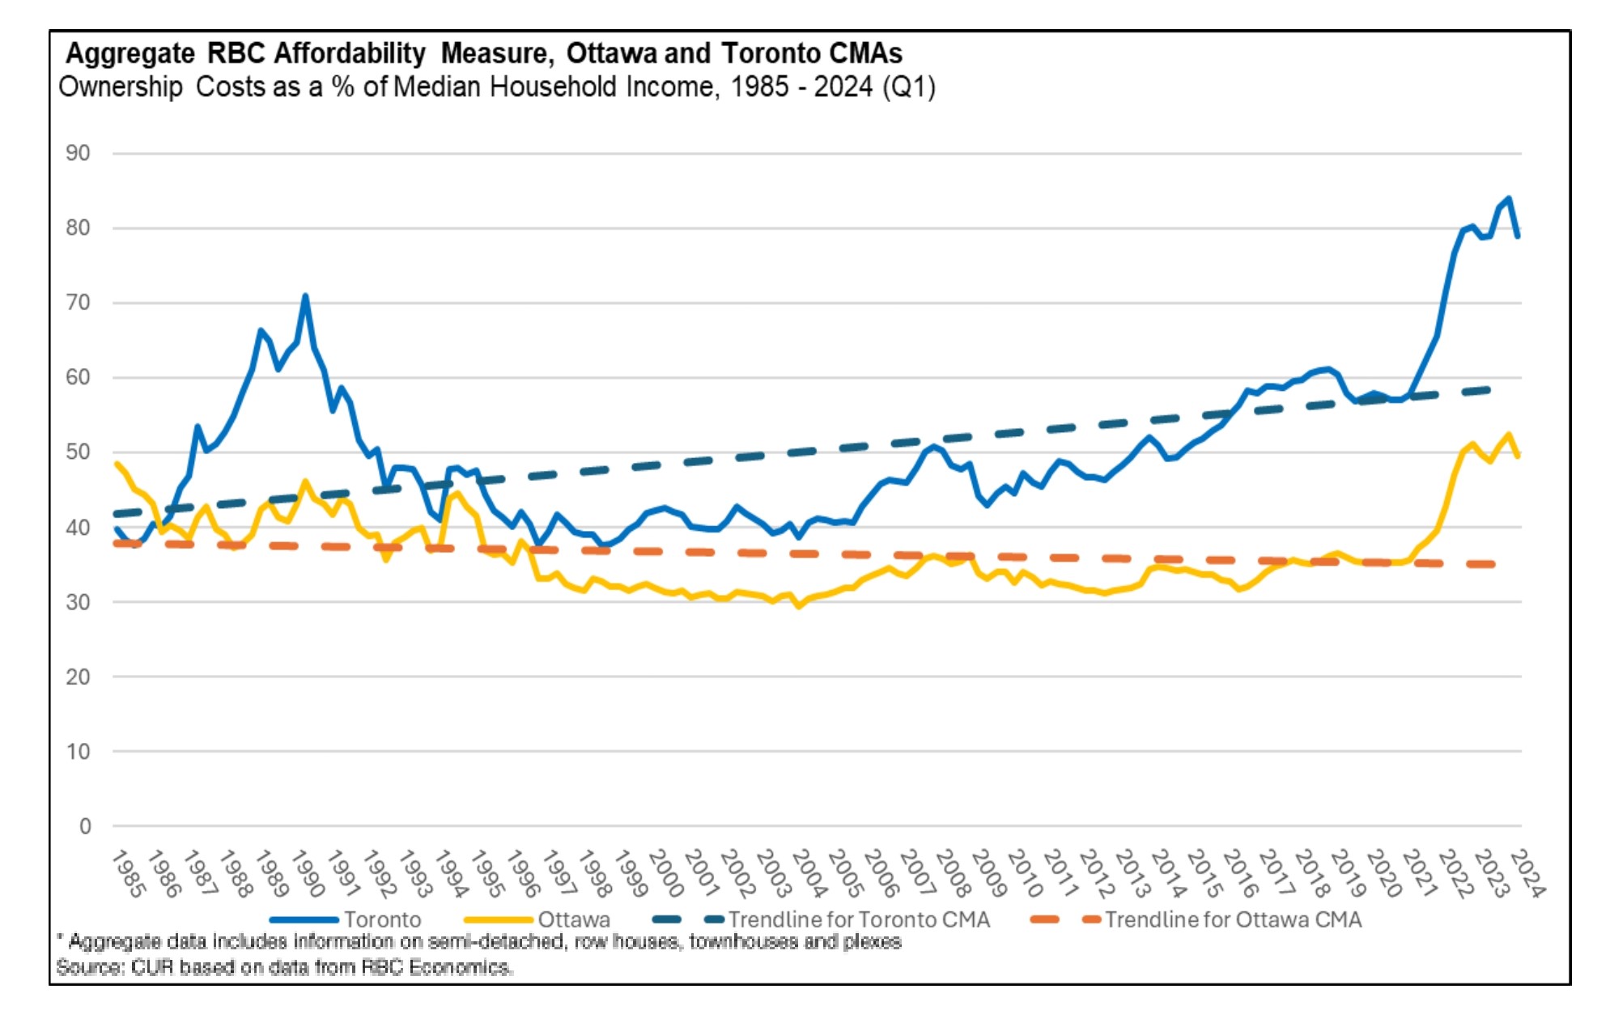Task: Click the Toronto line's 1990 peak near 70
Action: click(x=305, y=296)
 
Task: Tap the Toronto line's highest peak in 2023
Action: click(x=1508, y=198)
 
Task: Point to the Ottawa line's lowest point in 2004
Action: click(x=798, y=605)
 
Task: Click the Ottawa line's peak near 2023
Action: click(x=1508, y=435)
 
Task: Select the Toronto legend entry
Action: click(x=382, y=919)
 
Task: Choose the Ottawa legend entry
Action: click(x=573, y=919)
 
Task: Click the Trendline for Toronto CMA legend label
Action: click(x=858, y=919)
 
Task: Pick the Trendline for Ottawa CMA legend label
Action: click(x=1233, y=919)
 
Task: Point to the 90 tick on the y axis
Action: click(x=78, y=153)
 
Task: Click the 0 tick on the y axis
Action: click(x=85, y=826)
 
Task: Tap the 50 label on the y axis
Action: click(x=78, y=452)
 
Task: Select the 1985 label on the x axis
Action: click(x=128, y=874)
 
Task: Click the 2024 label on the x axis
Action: click(x=1527, y=874)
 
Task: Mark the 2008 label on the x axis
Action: click(x=953, y=874)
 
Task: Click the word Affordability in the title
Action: click(x=349, y=53)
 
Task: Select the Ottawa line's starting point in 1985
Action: click(x=117, y=464)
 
